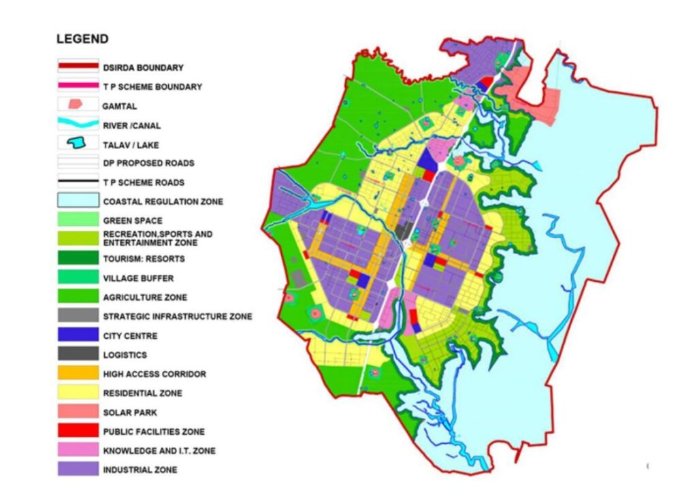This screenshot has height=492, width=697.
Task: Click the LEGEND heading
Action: [82, 39]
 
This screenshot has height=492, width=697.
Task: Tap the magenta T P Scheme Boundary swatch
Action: [78, 86]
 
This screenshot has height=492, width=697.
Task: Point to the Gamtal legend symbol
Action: [78, 105]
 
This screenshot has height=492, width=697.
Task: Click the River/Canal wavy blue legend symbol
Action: [78, 125]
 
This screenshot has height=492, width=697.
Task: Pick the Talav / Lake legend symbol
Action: [78, 144]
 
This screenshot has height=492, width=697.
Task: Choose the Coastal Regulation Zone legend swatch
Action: [78, 201]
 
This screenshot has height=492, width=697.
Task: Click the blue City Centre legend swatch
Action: [78, 335]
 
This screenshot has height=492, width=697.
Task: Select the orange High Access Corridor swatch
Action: [78, 374]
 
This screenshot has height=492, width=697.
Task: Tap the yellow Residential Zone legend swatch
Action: [78, 393]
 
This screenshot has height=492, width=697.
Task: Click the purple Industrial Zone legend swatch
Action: [78, 470]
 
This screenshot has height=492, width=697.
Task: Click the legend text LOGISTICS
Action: [125, 355]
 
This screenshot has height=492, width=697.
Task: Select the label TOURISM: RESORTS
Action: [144, 259]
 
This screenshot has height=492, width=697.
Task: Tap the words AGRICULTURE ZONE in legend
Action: [144, 297]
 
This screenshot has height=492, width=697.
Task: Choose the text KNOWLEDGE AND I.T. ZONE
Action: [159, 450]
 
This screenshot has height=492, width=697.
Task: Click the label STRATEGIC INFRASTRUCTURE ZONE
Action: [178, 316]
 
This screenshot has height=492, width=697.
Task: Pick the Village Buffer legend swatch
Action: [78, 278]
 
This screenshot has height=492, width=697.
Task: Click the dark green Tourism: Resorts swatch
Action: [78, 259]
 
